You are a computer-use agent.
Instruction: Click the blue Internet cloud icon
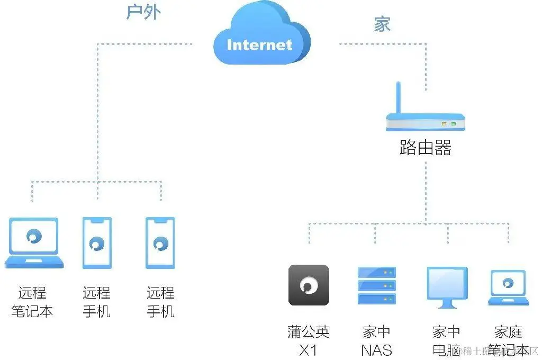tap(260, 37)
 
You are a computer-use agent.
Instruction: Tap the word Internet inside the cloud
tap(259, 44)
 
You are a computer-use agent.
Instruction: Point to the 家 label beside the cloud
tap(382, 24)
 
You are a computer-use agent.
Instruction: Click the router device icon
tap(426, 121)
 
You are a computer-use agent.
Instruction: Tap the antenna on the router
tap(399, 98)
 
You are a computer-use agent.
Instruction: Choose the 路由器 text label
tap(426, 148)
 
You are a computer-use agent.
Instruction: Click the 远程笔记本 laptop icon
tap(34, 242)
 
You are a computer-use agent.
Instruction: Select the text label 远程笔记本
tap(32, 302)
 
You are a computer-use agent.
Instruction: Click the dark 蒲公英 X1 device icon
tap(309, 285)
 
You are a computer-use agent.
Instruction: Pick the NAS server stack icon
tap(377, 285)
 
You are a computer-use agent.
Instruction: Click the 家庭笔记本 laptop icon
tap(508, 287)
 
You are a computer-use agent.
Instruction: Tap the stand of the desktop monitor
tap(447, 305)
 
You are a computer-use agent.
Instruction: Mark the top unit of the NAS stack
tap(377, 273)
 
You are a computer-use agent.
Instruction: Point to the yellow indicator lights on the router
tap(448, 124)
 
